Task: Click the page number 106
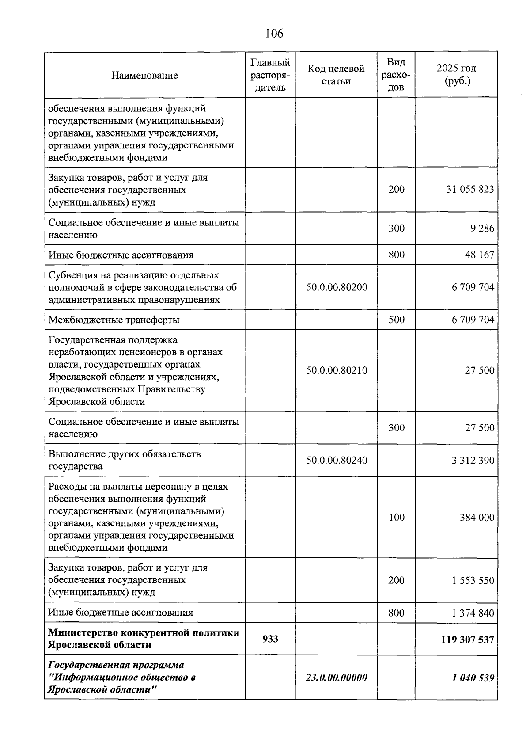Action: click(x=274, y=33)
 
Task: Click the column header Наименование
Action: click(x=144, y=75)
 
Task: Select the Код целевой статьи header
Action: click(x=336, y=75)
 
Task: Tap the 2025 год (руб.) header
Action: click(x=456, y=75)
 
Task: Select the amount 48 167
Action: click(x=480, y=255)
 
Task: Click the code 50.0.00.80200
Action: click(x=337, y=287)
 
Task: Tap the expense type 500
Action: click(x=396, y=320)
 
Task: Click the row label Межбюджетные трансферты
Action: click(x=114, y=320)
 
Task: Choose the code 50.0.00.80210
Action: click(x=337, y=370)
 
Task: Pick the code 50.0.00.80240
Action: click(x=337, y=460)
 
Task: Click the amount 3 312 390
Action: click(x=473, y=460)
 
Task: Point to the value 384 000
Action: click(x=477, y=518)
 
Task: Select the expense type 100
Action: click(x=396, y=518)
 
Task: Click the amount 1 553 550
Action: click(x=473, y=580)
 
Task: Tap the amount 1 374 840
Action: click(x=473, y=613)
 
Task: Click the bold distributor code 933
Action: click(x=270, y=639)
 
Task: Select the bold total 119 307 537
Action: click(x=467, y=640)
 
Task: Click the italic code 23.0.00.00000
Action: click(x=336, y=678)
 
